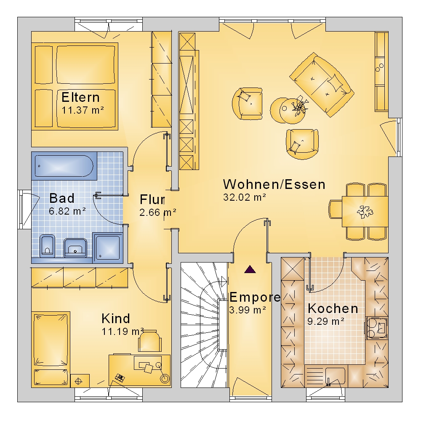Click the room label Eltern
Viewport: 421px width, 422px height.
pyautogui.click(x=80, y=97)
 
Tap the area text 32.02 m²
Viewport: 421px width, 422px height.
pyautogui.click(x=245, y=197)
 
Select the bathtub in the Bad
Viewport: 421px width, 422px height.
pyautogui.click(x=64, y=166)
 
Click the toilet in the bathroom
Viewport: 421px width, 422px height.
pyautogui.click(x=48, y=246)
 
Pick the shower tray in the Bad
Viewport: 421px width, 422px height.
pyautogui.click(x=108, y=247)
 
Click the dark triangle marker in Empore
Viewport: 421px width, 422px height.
pyautogui.click(x=250, y=269)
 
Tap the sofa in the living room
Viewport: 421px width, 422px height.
pyautogui.click(x=322, y=85)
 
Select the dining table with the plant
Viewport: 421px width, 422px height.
pyautogui.click(x=365, y=212)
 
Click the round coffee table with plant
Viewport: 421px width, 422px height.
pyautogui.click(x=292, y=111)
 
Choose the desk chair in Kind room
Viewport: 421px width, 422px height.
pyautogui.click(x=150, y=341)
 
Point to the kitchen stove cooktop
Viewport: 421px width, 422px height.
pyautogui.click(x=376, y=328)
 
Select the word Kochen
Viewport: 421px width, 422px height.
pyautogui.click(x=333, y=308)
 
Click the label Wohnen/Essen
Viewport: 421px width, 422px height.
pyautogui.click(x=274, y=184)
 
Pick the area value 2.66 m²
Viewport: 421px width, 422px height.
pyautogui.click(x=157, y=212)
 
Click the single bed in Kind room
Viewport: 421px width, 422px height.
pyautogui.click(x=51, y=349)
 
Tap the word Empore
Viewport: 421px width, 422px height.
pyautogui.click(x=255, y=297)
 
